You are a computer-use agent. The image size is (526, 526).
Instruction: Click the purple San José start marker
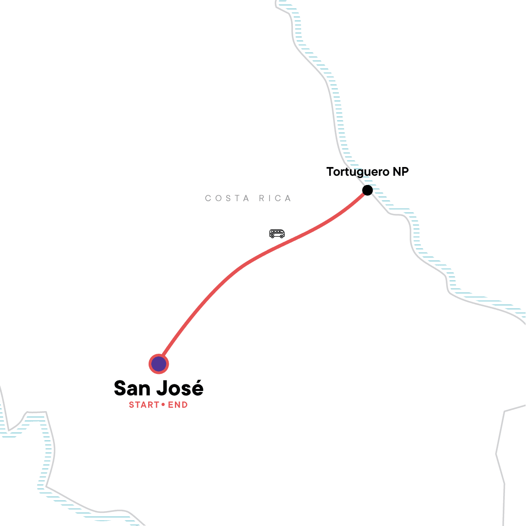click(158, 364)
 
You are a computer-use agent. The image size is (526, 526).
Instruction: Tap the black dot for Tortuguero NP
click(367, 190)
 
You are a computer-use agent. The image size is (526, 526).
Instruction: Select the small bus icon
click(277, 234)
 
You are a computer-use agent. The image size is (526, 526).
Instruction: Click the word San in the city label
click(133, 389)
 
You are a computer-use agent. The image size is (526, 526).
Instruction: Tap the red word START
click(144, 405)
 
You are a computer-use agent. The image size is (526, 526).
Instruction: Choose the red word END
click(178, 405)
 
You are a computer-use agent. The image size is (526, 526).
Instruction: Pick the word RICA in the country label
click(275, 199)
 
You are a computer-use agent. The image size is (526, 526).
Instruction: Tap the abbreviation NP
click(401, 172)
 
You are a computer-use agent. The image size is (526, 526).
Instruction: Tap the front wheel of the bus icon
click(281, 237)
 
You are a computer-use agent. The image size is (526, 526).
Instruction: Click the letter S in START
click(131, 405)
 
